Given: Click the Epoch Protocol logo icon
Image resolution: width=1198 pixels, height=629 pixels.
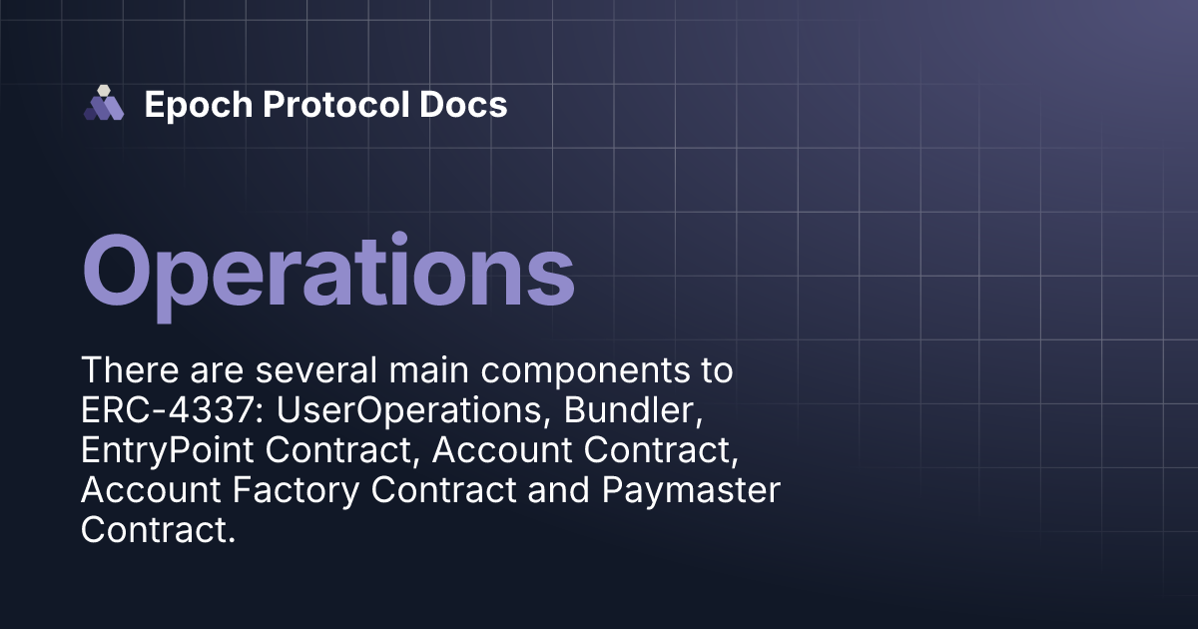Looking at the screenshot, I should tap(103, 104).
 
